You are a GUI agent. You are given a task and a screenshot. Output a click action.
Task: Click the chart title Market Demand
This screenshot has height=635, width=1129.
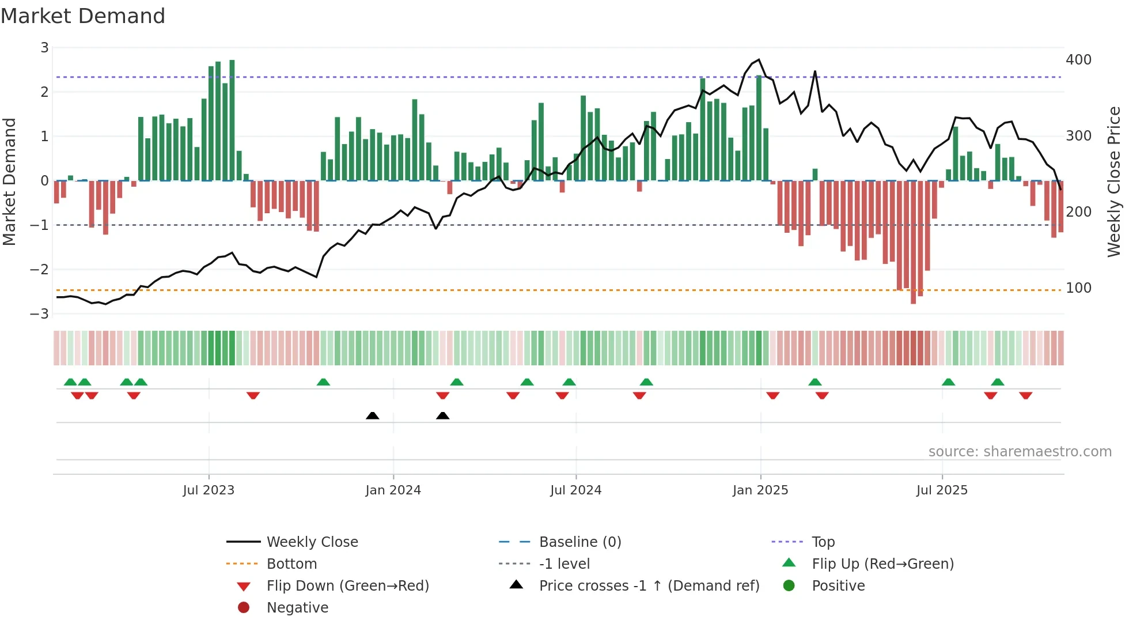(x=83, y=16)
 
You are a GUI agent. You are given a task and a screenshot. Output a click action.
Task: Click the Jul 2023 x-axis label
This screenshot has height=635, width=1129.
(x=209, y=490)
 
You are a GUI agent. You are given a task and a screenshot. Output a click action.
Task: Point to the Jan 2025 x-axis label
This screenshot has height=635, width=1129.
(x=760, y=490)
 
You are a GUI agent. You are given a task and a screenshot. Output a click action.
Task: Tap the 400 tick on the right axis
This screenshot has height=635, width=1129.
(x=1078, y=60)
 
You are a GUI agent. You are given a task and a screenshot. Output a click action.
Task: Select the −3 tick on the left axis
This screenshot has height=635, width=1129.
(x=40, y=314)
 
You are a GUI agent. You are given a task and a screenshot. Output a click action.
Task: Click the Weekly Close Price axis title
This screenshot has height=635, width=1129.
(x=1114, y=182)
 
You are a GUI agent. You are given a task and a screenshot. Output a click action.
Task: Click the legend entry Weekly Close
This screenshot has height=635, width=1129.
(x=312, y=542)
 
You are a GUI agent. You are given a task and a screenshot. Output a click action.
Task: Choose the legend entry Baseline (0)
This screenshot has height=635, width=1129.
(x=579, y=542)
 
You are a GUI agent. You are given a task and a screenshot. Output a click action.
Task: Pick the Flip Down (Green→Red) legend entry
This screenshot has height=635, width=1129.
(x=347, y=586)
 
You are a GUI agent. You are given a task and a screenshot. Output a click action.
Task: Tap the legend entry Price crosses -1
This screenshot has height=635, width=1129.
(x=649, y=586)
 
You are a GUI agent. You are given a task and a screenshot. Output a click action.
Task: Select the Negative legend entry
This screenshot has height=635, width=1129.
(x=297, y=608)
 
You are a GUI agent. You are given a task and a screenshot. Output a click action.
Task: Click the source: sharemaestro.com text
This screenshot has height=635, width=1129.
(x=1020, y=452)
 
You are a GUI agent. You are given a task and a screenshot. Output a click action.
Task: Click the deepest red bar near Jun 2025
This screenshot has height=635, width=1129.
(x=913, y=242)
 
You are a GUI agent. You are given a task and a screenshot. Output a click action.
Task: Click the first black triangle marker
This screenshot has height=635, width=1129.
(x=373, y=415)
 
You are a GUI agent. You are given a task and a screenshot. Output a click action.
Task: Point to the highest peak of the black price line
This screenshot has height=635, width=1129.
(x=759, y=60)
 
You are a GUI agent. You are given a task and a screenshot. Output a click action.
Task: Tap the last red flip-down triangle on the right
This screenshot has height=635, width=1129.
(x=1025, y=395)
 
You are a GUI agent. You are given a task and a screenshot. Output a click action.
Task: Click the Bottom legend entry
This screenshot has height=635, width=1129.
(x=291, y=564)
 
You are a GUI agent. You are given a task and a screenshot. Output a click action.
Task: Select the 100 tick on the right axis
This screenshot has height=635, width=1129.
(x=1078, y=288)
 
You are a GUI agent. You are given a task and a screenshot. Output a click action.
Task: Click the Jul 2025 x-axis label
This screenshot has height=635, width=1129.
(x=942, y=490)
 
